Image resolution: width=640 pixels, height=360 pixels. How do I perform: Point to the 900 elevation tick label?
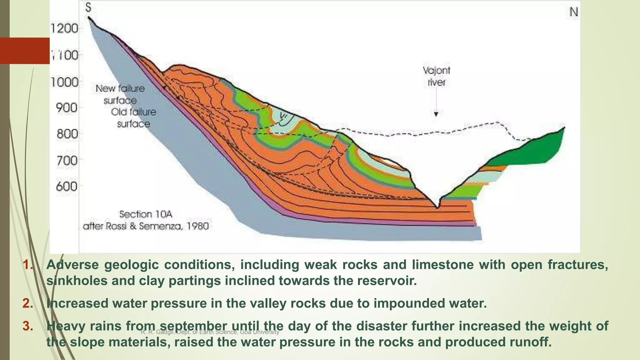[67, 108]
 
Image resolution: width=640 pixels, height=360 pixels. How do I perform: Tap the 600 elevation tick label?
[67, 187]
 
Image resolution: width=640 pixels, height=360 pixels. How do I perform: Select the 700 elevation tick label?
[67, 161]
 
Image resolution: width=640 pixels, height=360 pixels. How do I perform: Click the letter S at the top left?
[88, 7]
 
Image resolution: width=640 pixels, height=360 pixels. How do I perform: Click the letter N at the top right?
[573, 12]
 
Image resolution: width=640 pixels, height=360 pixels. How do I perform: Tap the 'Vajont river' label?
[436, 76]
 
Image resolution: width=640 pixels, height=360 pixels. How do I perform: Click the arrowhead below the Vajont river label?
[436, 114]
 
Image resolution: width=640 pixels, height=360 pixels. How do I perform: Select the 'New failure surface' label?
[120, 94]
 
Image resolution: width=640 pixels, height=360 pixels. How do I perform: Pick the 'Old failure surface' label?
[133, 118]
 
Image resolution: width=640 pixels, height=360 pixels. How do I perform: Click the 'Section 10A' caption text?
[146, 214]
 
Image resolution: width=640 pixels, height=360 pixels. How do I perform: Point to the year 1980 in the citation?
[197, 226]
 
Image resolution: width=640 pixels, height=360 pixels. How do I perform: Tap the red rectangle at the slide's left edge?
[25, 51]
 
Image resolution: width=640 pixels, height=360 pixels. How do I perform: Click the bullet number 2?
[28, 303]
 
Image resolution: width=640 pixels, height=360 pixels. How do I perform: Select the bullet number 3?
[28, 326]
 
